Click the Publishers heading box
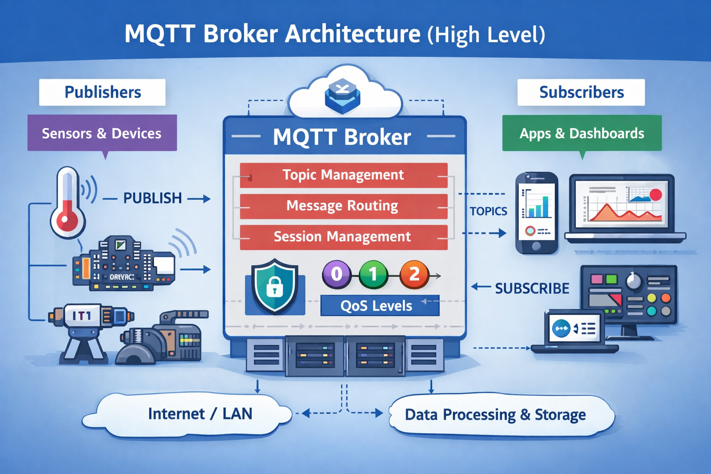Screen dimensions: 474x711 coord(102,92)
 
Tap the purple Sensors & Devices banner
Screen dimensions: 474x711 coord(102,133)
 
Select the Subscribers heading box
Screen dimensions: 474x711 coord(581,92)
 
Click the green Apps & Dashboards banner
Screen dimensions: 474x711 coord(582,133)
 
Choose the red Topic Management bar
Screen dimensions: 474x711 coord(343,175)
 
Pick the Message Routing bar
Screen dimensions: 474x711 coord(343,206)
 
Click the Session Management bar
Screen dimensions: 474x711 coord(343,237)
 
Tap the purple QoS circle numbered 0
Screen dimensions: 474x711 coord(337,274)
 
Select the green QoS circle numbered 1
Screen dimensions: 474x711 coord(373,274)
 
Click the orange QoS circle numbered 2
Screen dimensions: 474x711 coord(414,274)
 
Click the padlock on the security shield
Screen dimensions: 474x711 coord(274,287)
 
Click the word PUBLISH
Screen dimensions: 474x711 coord(152,198)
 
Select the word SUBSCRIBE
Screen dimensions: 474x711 coord(532,288)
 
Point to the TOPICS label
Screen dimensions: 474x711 coord(488,211)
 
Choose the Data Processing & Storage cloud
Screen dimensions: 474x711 coord(495,415)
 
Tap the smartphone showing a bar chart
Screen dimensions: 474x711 coord(536,212)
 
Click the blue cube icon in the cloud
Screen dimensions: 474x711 coord(343,95)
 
